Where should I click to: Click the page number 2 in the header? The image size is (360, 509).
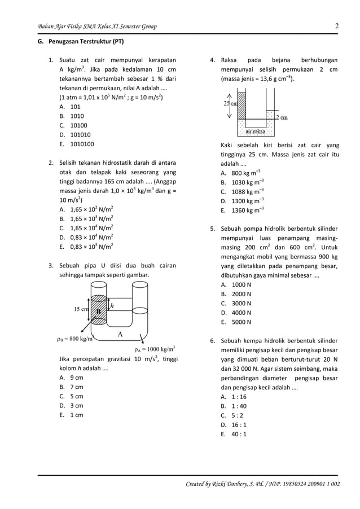click(x=336, y=26)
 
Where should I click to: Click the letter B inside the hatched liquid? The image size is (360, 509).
click(x=98, y=311)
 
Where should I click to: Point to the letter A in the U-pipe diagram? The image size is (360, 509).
click(x=120, y=334)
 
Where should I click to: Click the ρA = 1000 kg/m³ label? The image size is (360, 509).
click(x=155, y=349)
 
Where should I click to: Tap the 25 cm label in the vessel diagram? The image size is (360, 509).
click(x=230, y=104)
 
